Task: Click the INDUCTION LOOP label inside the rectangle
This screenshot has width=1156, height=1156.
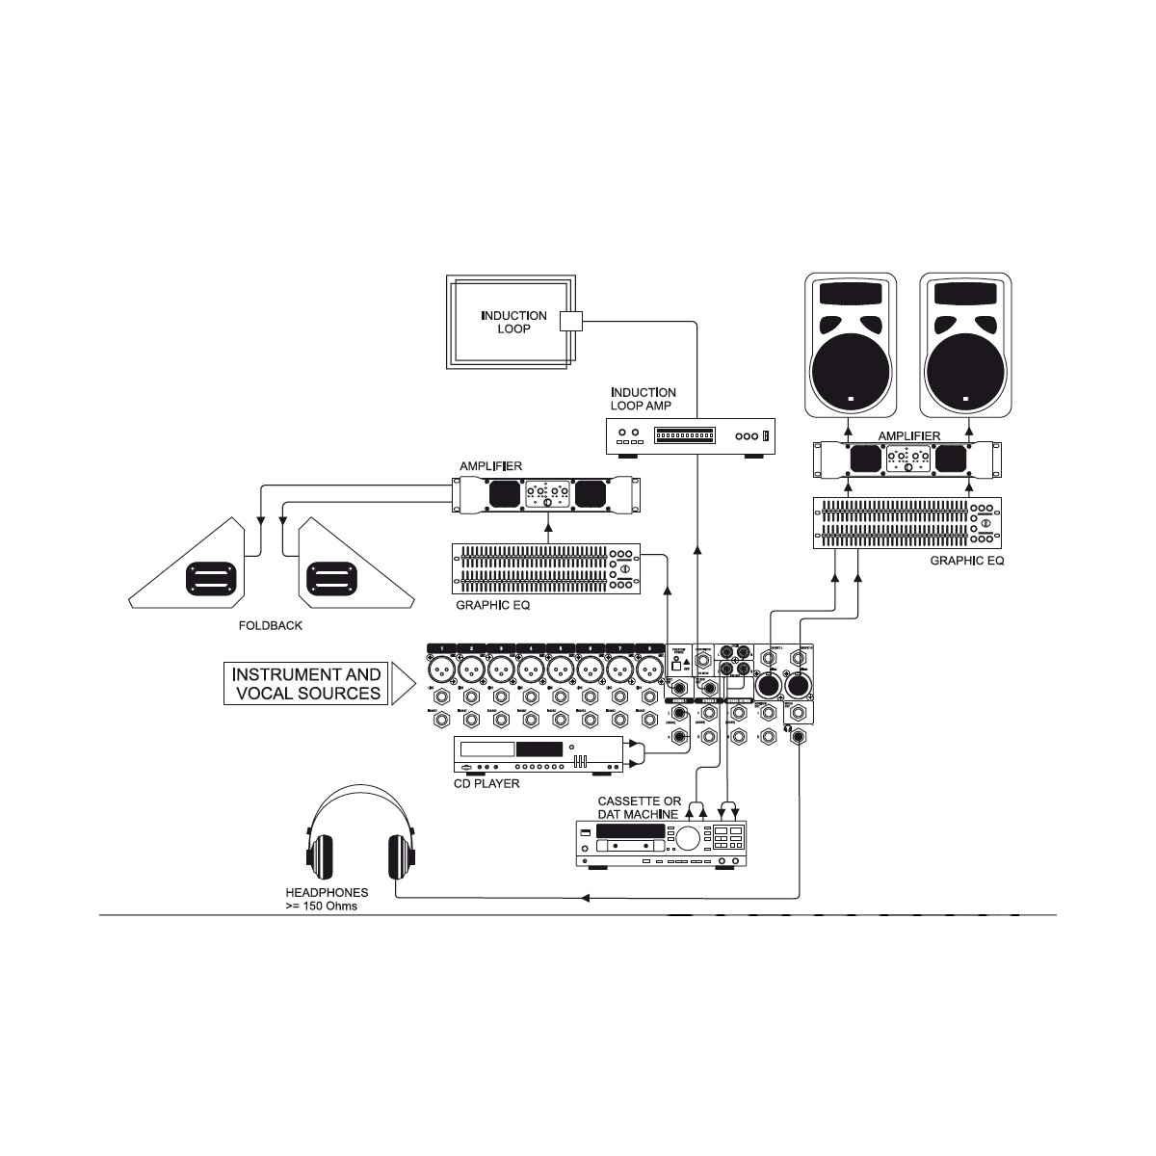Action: coord(513,322)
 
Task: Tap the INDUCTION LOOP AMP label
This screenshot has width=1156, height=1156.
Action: coord(643,399)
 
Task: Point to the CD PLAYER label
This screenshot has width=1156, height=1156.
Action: coord(486,783)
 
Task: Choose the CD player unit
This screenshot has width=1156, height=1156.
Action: coord(535,755)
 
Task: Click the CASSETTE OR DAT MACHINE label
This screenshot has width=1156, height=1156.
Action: coord(639,807)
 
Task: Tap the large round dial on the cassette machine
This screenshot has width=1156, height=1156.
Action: coord(687,838)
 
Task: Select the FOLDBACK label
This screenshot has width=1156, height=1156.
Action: coord(270,625)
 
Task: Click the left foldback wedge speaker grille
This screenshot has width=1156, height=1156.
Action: coord(211,580)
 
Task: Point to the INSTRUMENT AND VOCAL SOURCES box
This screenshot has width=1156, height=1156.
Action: coord(306,684)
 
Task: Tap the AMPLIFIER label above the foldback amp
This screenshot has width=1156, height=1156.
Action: coord(490,466)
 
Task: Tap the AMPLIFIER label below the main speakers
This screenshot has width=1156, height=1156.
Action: coord(908,436)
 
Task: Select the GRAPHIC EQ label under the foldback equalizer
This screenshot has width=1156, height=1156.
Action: coord(492,606)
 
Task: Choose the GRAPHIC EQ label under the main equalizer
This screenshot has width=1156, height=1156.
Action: coord(966,560)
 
